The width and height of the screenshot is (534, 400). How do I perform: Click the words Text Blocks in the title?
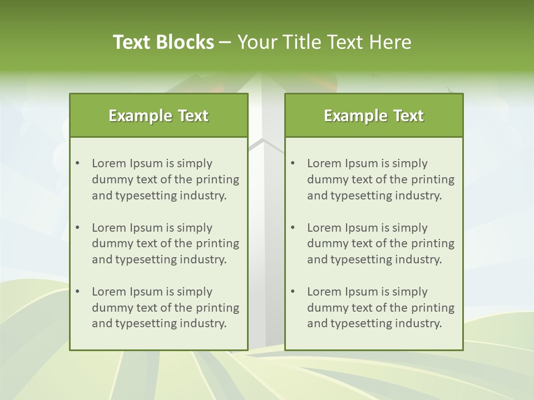coord(164,42)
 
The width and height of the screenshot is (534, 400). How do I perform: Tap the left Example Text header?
coord(159,116)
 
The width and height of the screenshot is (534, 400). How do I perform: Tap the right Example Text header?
coord(374,116)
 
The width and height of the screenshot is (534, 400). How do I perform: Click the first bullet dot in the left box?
coord(77,163)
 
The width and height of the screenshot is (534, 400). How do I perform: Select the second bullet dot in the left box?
coord(77,228)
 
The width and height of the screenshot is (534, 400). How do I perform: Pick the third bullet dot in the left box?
coord(77,292)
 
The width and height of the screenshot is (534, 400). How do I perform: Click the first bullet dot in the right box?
coord(293,163)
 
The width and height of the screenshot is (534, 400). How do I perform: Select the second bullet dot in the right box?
coord(293,228)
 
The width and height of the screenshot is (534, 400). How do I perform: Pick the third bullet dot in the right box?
coord(293,292)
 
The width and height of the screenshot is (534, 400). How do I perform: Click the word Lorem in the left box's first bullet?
coord(109,163)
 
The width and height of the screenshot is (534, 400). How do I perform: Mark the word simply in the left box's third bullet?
coord(195,292)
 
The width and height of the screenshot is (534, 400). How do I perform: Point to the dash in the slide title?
coord(225,42)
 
